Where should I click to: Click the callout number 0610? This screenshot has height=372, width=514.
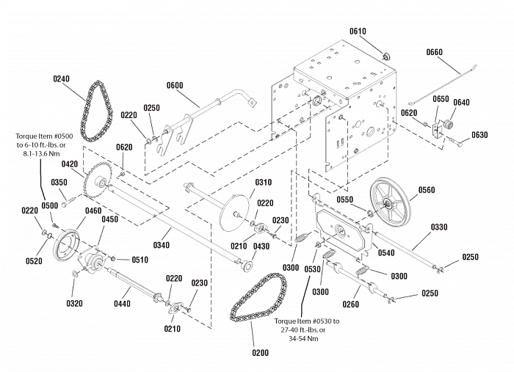358,32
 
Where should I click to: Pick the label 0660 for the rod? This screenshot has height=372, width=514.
434,52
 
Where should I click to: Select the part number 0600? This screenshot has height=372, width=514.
175,85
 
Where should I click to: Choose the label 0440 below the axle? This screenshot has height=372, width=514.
122,302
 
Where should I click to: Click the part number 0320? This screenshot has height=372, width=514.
74,302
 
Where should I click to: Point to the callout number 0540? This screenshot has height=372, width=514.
386,253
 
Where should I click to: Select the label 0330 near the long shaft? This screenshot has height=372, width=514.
439,227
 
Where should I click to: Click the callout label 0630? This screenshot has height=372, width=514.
479,135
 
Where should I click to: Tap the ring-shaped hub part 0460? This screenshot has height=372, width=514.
68,244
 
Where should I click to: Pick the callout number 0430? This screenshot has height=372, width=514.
262,246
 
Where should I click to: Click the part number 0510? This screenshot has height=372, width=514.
140,259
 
